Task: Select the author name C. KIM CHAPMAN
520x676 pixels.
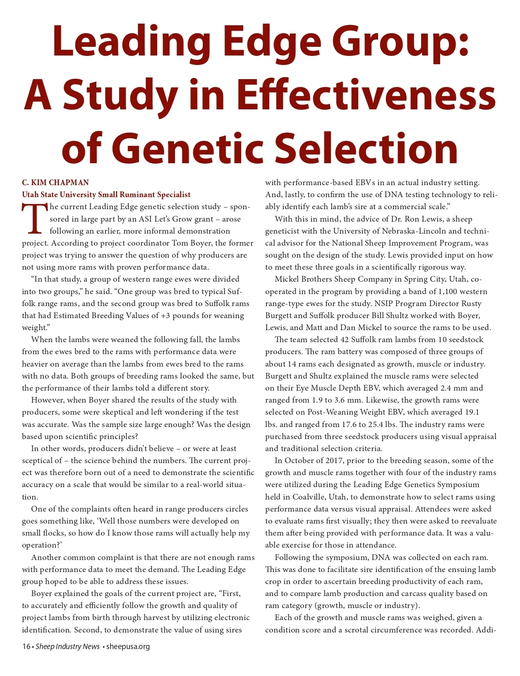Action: (x=55, y=183)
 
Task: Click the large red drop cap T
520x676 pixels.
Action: (x=34, y=218)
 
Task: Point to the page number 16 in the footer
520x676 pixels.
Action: (x=26, y=647)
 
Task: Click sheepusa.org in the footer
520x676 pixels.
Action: (x=128, y=647)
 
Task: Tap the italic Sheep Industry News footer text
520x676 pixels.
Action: (x=67, y=647)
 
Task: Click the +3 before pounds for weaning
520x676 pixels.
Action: (x=165, y=316)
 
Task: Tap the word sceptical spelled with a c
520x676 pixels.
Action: (x=42, y=461)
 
